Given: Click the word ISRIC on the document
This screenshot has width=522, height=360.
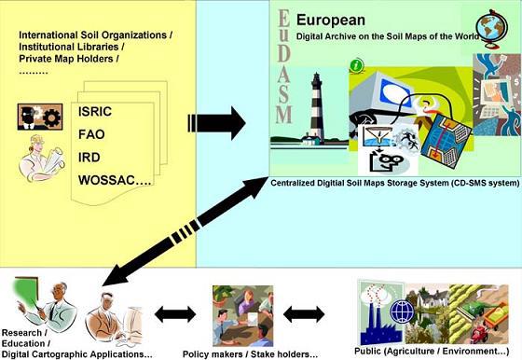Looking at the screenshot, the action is point(95,112).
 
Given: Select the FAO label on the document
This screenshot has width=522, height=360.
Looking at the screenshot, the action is point(91,134).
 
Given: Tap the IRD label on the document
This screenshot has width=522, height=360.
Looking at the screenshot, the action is point(89,158).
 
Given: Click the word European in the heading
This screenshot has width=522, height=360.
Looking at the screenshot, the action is point(331,20).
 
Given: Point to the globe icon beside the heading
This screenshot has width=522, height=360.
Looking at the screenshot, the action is point(492,28).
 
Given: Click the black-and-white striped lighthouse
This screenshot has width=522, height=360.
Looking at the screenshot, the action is point(317,108).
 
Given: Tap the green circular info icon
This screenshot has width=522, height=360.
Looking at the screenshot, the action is point(356,65).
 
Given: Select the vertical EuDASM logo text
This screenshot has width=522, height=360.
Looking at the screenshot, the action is point(284,66).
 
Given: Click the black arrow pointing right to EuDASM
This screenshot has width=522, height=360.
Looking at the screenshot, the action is point(216,123).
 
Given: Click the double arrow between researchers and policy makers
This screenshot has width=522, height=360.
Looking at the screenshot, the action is point(175,314).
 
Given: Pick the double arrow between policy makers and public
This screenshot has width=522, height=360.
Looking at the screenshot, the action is point(304,314).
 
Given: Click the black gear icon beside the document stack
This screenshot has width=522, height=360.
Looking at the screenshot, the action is point(51,117).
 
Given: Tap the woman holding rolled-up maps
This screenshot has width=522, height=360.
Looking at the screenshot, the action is point(42,159).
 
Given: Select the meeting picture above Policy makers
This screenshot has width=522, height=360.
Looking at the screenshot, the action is point(243,316).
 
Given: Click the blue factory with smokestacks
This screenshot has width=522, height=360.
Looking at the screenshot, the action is point(381,320).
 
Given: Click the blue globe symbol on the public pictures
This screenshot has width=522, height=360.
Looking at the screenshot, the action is point(402,312).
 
